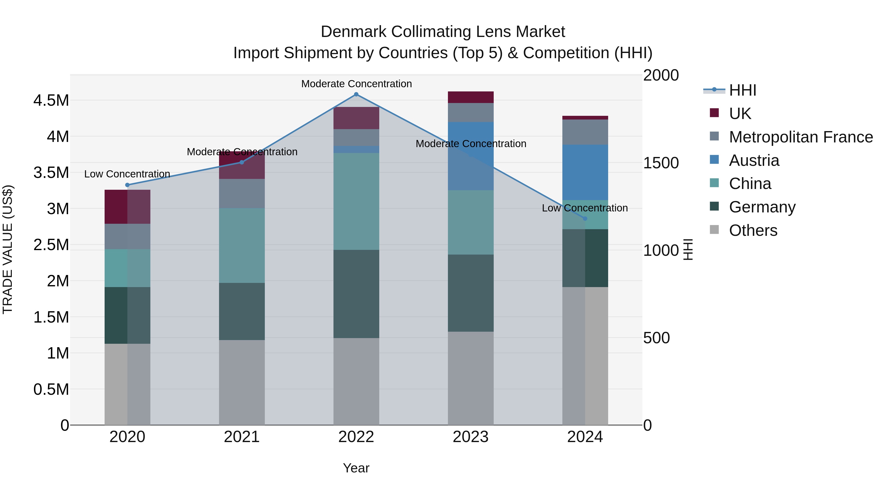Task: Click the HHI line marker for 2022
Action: (356, 94)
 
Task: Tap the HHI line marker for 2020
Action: (127, 185)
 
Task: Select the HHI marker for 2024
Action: (585, 219)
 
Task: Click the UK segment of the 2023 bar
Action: (471, 97)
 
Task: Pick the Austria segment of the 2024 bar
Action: (585, 172)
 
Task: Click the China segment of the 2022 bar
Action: (356, 202)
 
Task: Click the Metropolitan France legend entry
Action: (801, 137)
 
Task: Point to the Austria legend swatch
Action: (714, 159)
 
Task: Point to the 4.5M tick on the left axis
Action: (51, 101)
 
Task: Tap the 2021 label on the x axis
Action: (242, 437)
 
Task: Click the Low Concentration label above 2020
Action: (127, 174)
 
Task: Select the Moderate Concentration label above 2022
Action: (356, 84)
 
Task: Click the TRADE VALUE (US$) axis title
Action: (8, 249)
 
